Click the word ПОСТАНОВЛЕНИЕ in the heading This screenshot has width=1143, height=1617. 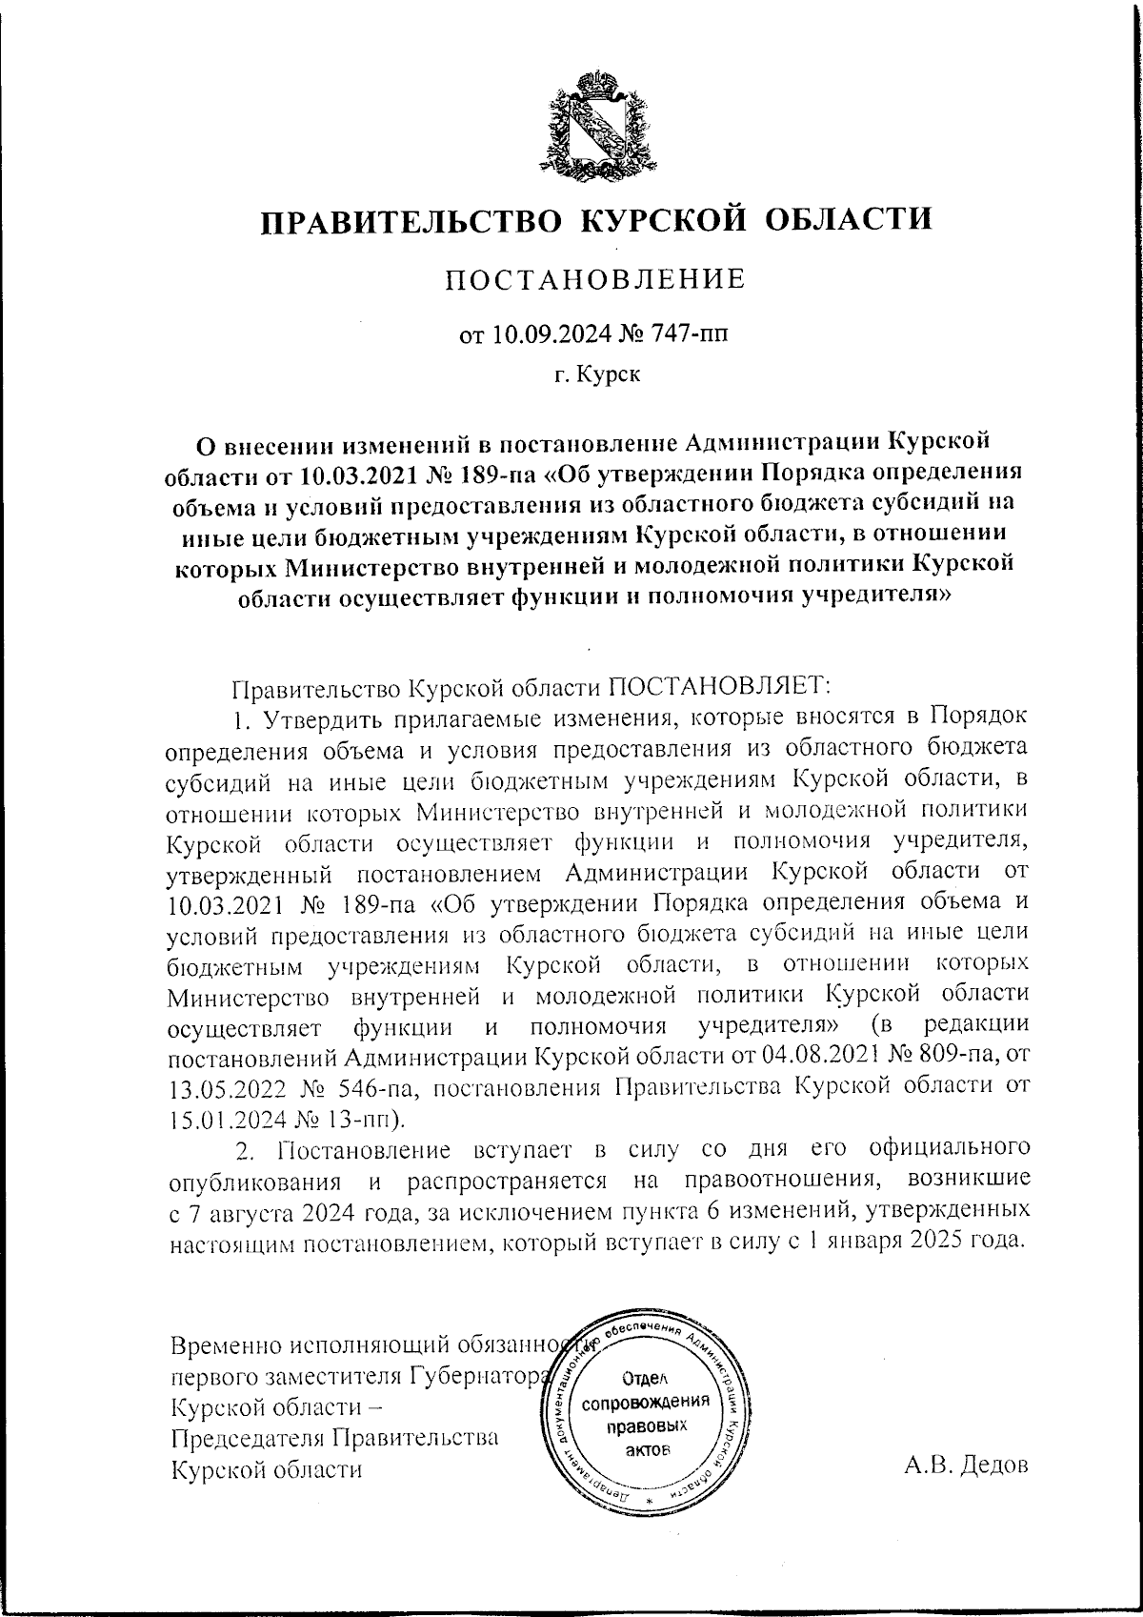click(596, 279)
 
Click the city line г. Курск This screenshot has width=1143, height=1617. click(597, 375)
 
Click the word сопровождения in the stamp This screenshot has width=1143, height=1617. click(647, 1402)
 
